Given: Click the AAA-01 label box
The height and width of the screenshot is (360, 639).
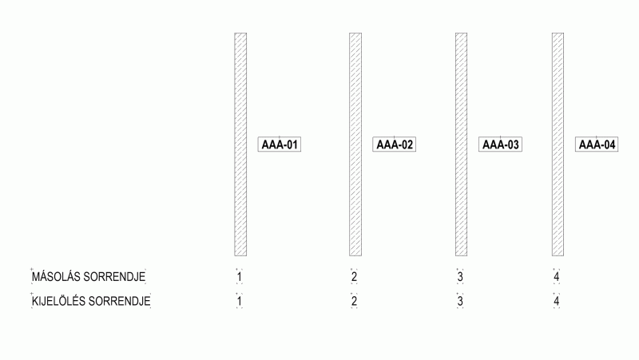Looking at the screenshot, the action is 280,144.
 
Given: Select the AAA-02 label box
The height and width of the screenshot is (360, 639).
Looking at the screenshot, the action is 394,144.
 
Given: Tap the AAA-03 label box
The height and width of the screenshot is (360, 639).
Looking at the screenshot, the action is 501,144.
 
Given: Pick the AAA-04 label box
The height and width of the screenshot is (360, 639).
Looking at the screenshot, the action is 597,144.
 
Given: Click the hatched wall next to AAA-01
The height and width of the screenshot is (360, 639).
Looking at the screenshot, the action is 240,144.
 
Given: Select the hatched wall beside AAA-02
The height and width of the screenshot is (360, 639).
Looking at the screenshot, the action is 355,144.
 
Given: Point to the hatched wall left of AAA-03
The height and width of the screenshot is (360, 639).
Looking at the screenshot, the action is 462,144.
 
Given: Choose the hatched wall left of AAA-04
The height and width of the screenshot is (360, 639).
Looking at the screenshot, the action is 558,144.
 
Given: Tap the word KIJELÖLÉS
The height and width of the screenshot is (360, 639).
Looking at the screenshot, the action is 58,301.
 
